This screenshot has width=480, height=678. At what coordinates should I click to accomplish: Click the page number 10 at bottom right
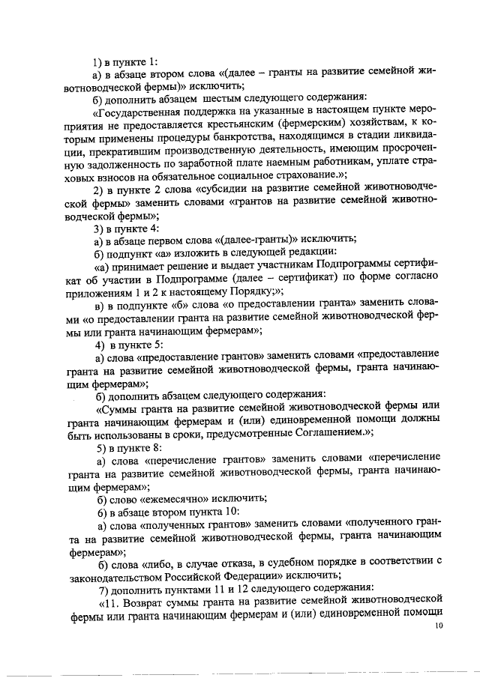pyautogui.click(x=439, y=628)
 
